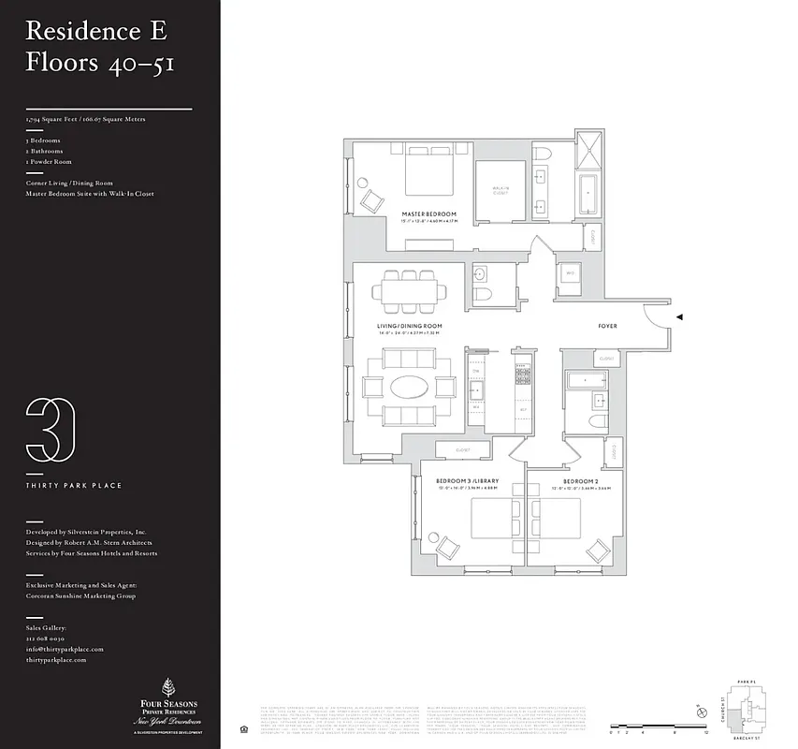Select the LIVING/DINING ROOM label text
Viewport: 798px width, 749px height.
coord(409,326)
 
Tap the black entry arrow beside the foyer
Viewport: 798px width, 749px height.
coord(680,318)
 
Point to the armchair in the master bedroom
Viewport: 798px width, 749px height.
coord(371,198)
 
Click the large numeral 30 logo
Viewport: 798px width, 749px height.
coord(51,429)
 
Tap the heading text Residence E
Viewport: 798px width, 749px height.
coord(96,30)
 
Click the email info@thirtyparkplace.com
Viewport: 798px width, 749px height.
coord(65,649)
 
